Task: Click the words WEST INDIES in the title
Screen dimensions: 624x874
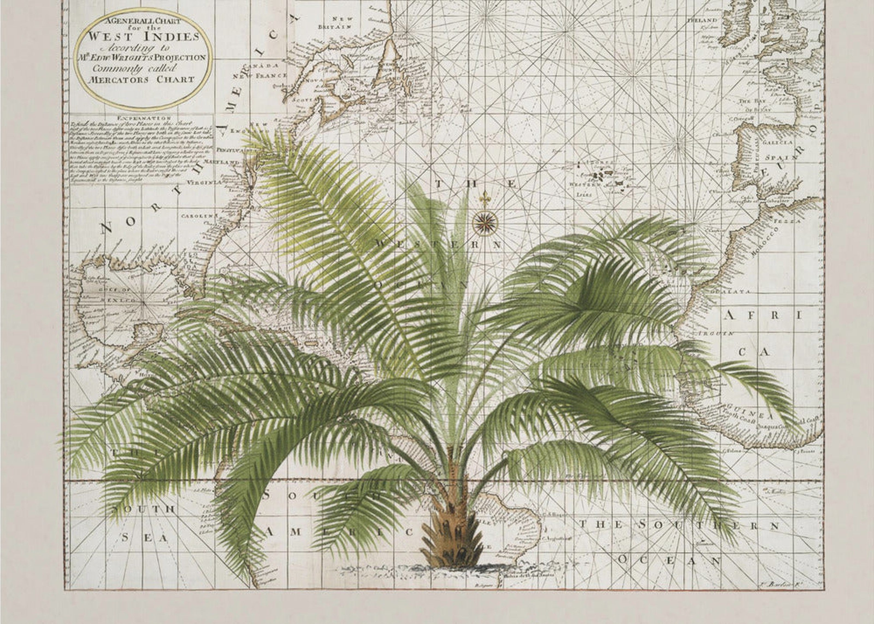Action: pyautogui.click(x=144, y=37)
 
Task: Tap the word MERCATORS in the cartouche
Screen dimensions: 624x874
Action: pyautogui.click(x=121, y=80)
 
